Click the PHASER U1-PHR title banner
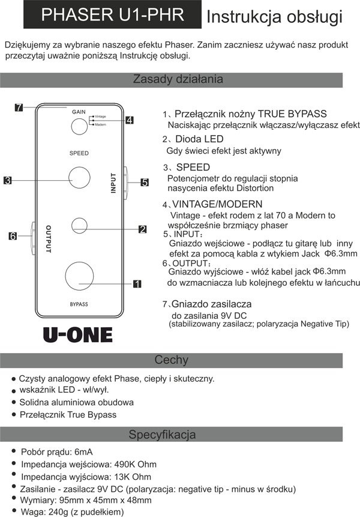[112, 15]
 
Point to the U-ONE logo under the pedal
[77, 333]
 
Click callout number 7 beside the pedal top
[19, 107]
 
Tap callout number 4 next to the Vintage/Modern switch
[130, 119]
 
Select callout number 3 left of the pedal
[8, 180]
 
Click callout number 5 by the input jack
[145, 182]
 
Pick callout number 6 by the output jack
[12, 236]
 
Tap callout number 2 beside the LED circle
[142, 229]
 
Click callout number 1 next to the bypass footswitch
[136, 282]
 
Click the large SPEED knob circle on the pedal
[79, 178]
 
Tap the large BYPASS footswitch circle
[79, 275]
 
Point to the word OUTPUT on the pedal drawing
[48, 239]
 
